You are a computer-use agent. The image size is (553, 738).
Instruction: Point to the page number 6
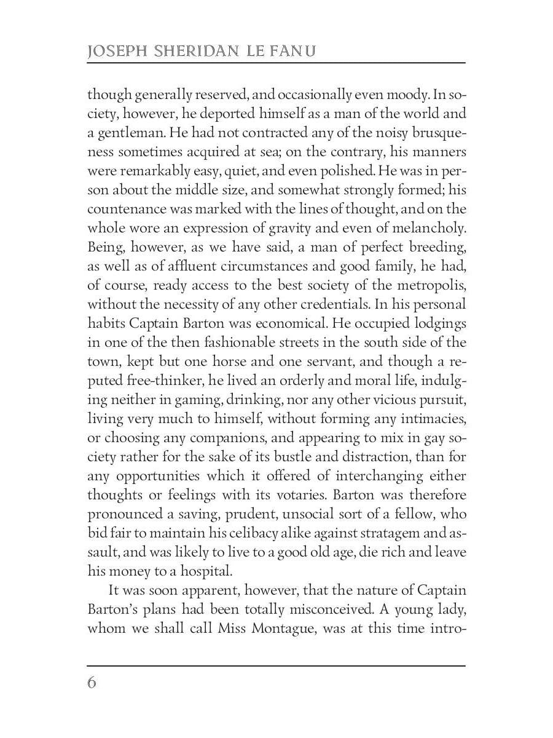tap(92, 683)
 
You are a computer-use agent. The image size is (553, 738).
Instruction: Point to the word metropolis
tap(432, 285)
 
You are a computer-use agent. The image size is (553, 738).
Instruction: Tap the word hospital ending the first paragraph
tap(203, 571)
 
